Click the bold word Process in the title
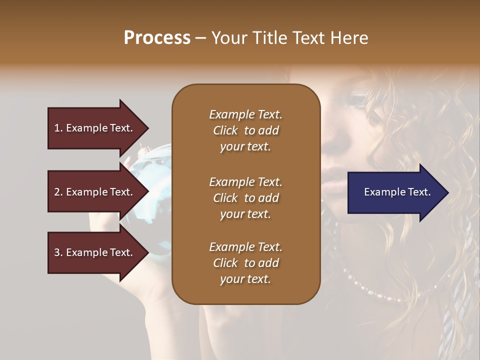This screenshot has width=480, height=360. [157, 38]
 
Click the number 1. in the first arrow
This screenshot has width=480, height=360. [58, 128]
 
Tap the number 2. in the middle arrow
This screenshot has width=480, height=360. [58, 192]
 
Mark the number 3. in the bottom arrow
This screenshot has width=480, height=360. [58, 252]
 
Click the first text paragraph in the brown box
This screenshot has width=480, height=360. [245, 130]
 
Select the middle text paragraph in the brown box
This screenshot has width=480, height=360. [245, 198]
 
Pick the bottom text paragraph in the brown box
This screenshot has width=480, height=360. [245, 263]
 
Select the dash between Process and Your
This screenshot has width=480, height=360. [201, 38]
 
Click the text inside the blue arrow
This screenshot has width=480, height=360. [397, 192]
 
